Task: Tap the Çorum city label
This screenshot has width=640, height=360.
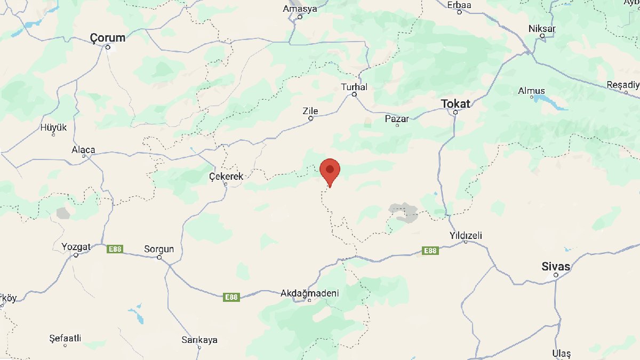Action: click(x=107, y=38)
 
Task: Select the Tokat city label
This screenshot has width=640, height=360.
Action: click(x=455, y=103)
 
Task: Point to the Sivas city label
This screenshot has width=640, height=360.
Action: click(x=555, y=266)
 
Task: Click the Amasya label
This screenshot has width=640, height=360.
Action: click(x=300, y=9)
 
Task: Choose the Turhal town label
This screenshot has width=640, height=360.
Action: click(x=354, y=87)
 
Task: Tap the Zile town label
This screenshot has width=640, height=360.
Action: click(x=310, y=111)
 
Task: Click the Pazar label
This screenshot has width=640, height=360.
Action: click(x=397, y=118)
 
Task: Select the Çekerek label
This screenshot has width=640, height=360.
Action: click(x=226, y=176)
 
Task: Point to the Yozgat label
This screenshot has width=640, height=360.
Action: click(x=76, y=247)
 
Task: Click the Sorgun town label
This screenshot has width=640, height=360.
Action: click(x=159, y=249)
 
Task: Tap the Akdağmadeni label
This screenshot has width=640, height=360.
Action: click(x=310, y=293)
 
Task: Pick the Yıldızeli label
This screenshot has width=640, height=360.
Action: click(x=466, y=235)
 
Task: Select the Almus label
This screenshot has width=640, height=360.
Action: click(x=531, y=91)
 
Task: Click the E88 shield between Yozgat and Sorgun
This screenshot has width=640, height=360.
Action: click(x=115, y=249)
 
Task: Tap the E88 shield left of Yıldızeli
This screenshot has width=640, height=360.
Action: click(x=430, y=250)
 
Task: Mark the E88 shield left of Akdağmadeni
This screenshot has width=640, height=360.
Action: click(x=231, y=297)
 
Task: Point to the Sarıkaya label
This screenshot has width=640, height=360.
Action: click(x=199, y=340)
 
